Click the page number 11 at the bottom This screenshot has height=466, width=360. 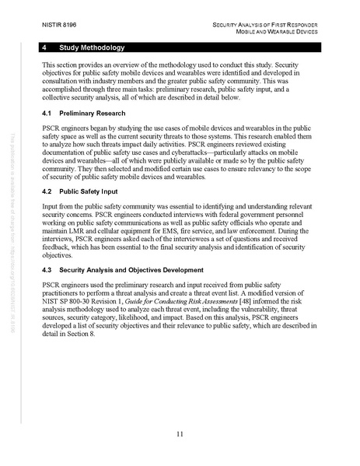tap(180, 433)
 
